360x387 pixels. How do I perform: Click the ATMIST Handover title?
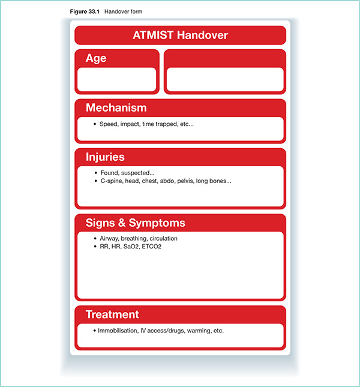(x=180, y=35)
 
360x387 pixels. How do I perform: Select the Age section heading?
(x=96, y=58)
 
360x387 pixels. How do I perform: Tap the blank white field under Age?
(x=117, y=80)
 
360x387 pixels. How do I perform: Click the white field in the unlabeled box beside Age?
(x=224, y=80)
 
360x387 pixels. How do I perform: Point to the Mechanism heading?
(x=116, y=108)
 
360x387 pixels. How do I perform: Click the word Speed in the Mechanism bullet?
(x=109, y=124)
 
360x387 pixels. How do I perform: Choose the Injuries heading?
(x=105, y=157)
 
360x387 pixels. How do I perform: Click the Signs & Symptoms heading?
(x=135, y=223)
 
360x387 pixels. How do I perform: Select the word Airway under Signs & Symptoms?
(x=110, y=239)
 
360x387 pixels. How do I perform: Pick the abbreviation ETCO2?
(x=168, y=246)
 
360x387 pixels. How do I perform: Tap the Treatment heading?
(x=112, y=314)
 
